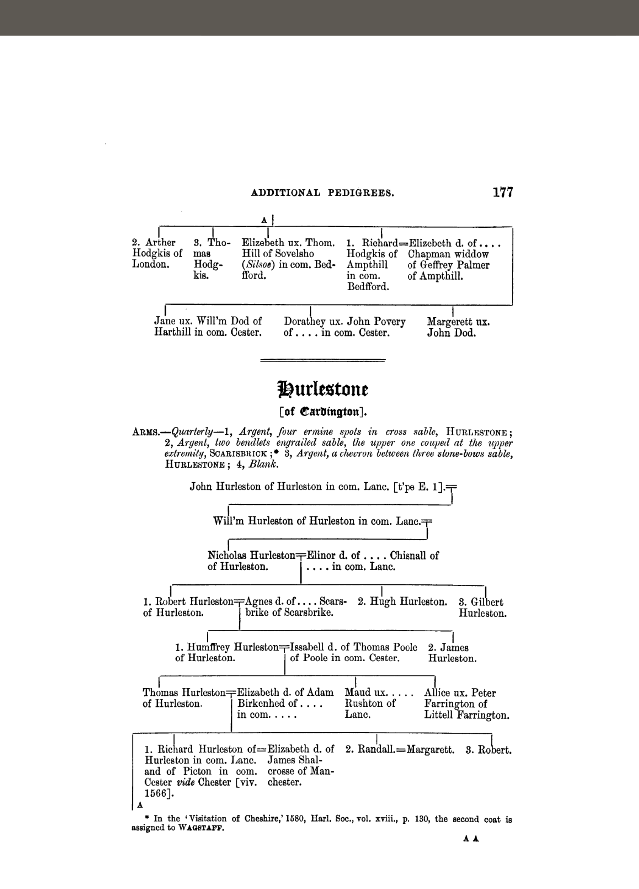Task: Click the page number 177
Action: coord(503,193)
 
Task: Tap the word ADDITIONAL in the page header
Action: coord(285,193)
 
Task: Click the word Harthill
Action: coord(173,333)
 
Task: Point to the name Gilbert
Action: coord(487,602)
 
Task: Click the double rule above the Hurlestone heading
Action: coord(323,360)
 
